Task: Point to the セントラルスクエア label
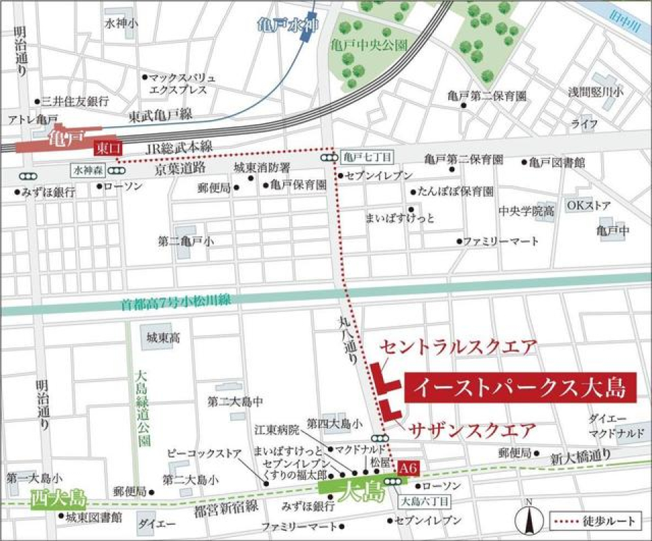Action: pos(458,347)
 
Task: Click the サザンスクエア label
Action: pos(471,430)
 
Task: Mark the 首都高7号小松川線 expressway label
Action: pos(177,305)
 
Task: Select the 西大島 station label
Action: pos(58,499)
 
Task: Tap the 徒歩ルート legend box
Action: pos(594,521)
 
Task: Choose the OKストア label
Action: pos(589,205)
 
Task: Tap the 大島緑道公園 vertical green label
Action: pos(141,407)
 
